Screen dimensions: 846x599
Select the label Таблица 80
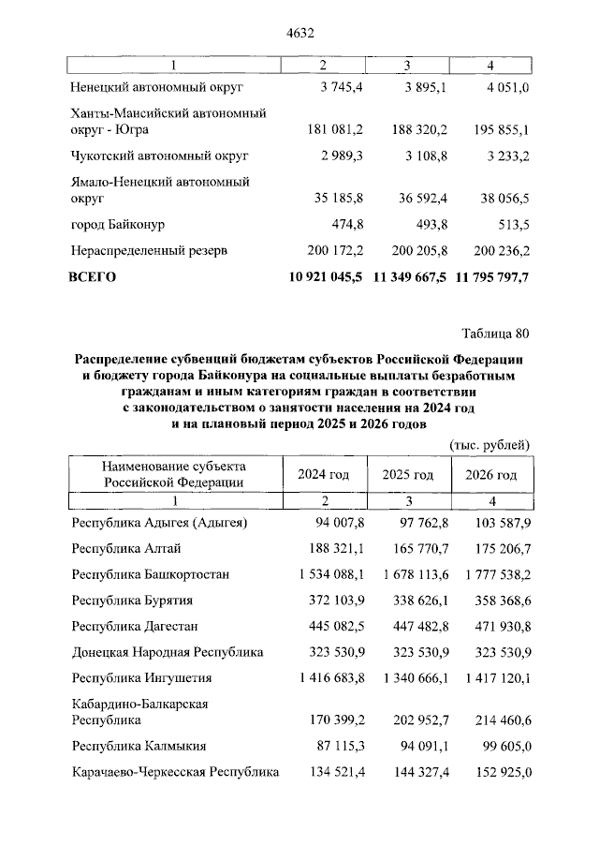496,333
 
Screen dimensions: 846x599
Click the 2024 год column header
323,475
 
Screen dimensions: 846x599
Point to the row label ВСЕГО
93,277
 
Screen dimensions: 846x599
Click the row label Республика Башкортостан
150,573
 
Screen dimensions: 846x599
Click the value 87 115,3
336,747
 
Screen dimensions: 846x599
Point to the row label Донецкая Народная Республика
168,652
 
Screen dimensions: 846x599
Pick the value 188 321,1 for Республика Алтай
332,548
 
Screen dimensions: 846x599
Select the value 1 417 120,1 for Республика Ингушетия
489,678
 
